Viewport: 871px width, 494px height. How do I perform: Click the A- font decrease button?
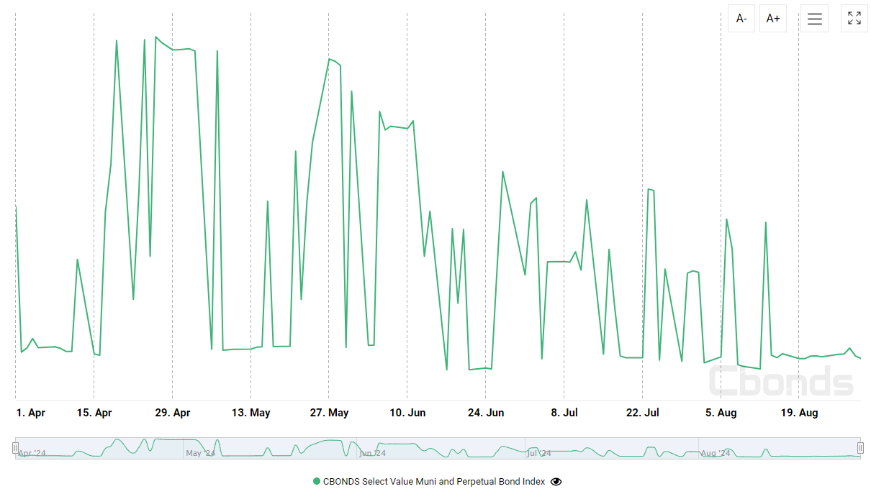[x=741, y=19]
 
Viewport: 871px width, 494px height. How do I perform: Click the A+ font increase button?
[x=773, y=19]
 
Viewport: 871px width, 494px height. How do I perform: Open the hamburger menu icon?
[x=814, y=19]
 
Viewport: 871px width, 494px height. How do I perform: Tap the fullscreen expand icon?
[x=854, y=19]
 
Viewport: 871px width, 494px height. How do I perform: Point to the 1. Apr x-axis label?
[x=31, y=413]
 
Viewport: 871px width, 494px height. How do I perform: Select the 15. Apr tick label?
[x=94, y=413]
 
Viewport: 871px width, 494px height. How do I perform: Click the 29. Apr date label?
[x=173, y=413]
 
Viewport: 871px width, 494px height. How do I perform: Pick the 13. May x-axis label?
[x=251, y=413]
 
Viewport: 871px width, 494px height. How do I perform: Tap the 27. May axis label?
[x=329, y=413]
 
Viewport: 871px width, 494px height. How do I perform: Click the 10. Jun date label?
[x=407, y=413]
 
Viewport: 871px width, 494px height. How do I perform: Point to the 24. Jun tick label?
[x=486, y=413]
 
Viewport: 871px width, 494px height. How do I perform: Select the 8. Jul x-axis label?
[x=564, y=413]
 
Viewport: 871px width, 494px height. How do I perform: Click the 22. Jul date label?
[x=643, y=413]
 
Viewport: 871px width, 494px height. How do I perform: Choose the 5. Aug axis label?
[x=721, y=413]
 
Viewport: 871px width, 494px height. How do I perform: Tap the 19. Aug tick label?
[x=799, y=413]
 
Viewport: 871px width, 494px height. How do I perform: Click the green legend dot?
[x=317, y=482]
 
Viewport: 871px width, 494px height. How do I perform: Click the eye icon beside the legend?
[x=556, y=482]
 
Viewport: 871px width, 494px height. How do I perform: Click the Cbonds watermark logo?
[x=781, y=381]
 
